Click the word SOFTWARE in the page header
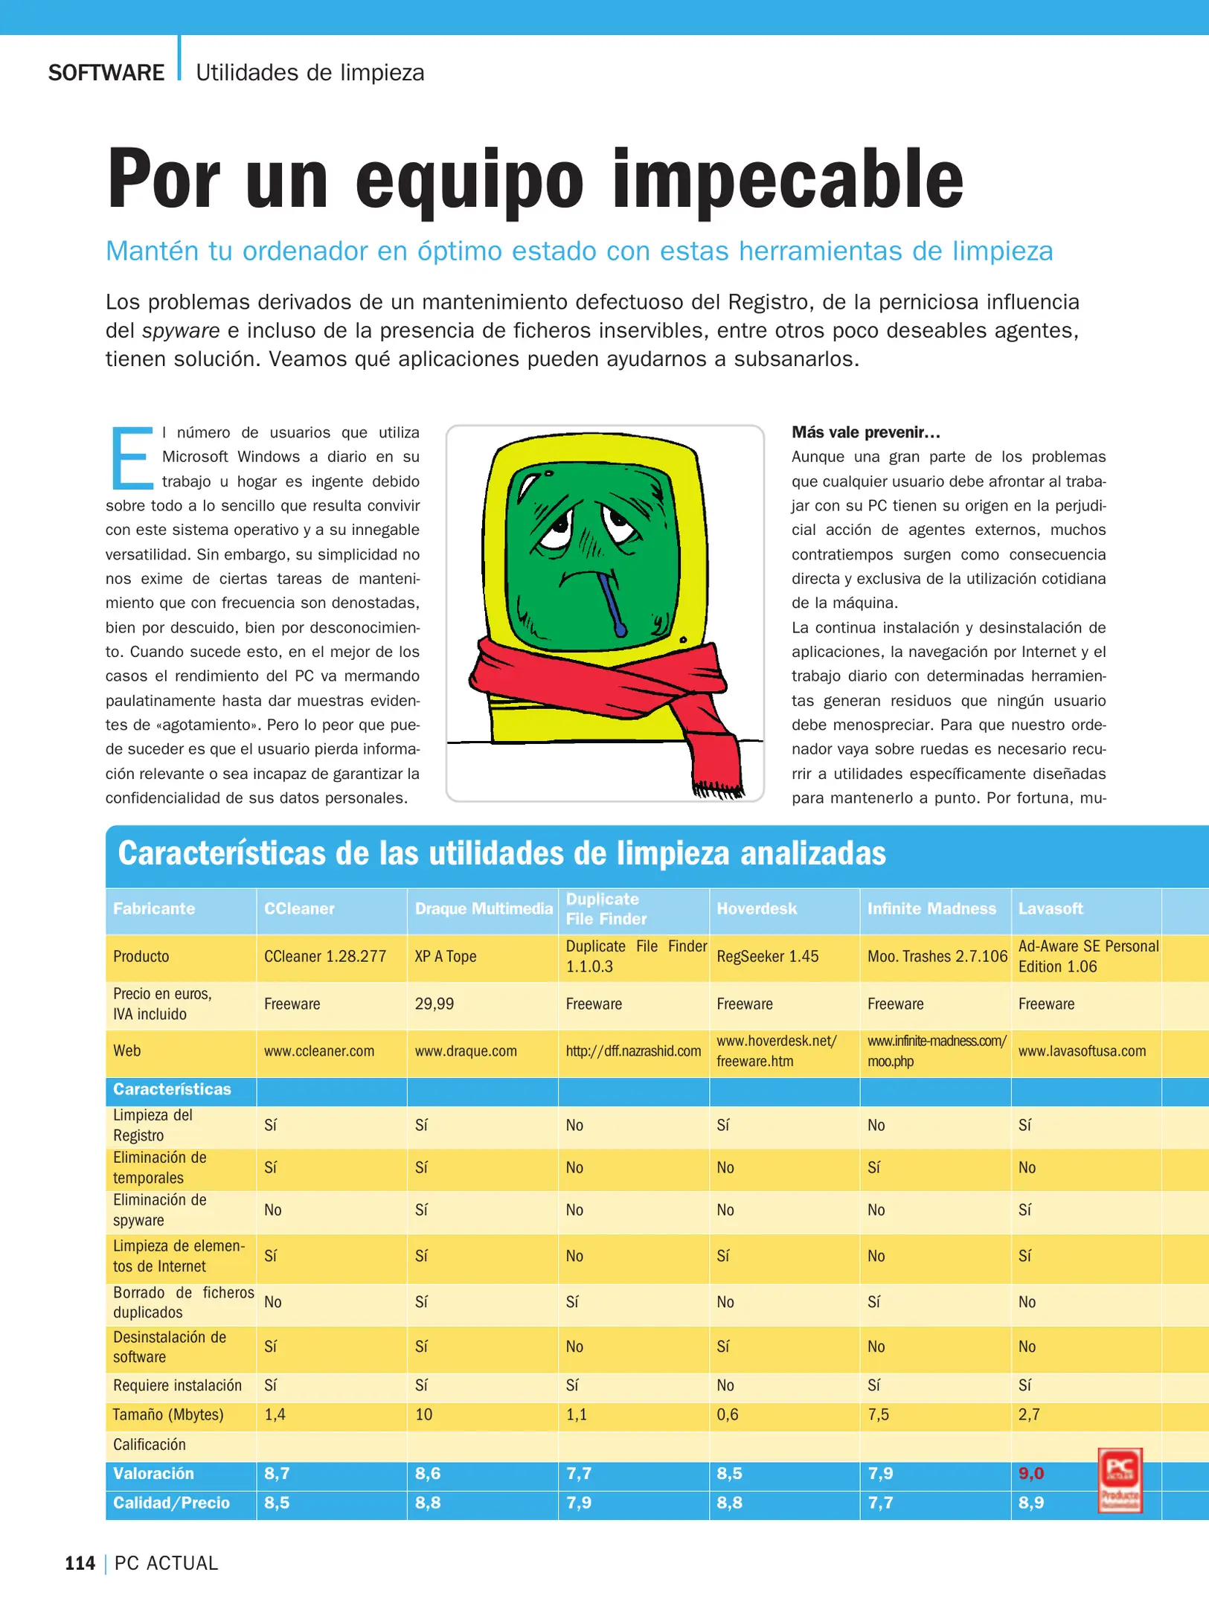pyautogui.click(x=106, y=73)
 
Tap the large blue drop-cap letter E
pyautogui.click(x=132, y=458)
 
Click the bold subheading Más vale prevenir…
pyautogui.click(x=865, y=432)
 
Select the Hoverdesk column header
pyautogui.click(x=756, y=908)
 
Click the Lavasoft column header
pyautogui.click(x=1050, y=908)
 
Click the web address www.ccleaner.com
pyautogui.click(x=319, y=1051)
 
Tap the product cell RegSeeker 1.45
pyautogui.click(x=767, y=956)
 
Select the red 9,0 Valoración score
pyautogui.click(x=1030, y=1473)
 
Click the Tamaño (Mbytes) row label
pyautogui.click(x=168, y=1414)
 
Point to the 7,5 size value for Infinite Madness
pyautogui.click(x=878, y=1414)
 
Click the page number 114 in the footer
pyautogui.click(x=80, y=1563)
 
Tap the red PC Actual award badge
pyautogui.click(x=1120, y=1480)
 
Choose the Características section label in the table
pyautogui.click(x=172, y=1089)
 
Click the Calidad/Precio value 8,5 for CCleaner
pyautogui.click(x=277, y=1503)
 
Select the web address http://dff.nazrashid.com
pyautogui.click(x=633, y=1051)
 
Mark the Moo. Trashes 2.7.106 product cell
pyautogui.click(x=937, y=956)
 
